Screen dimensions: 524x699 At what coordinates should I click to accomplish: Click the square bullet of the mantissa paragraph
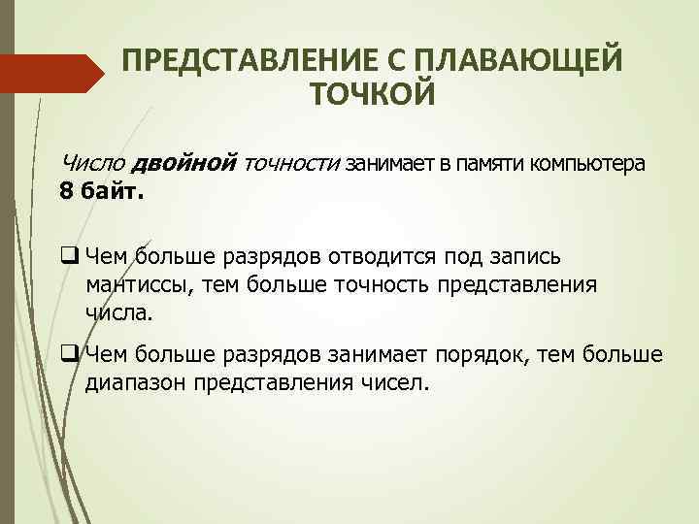click(x=69, y=257)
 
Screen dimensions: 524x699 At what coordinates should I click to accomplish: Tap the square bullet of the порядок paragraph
click(x=69, y=354)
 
